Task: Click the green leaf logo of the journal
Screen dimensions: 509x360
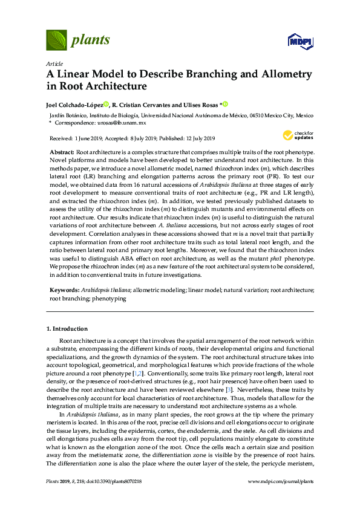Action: tap(57, 41)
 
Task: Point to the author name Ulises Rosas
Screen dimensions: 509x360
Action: tap(201, 104)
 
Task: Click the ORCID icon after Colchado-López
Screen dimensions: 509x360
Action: tap(106, 104)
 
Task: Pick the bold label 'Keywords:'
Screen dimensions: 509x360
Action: tap(64, 291)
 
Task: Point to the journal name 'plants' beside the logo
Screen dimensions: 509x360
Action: tap(91, 41)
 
